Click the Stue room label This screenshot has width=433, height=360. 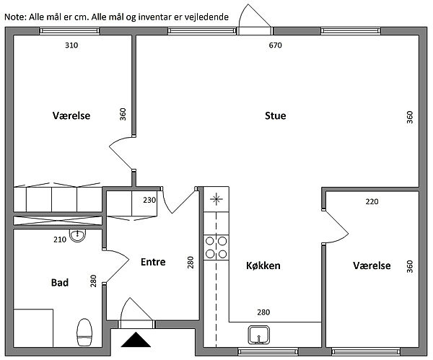(276, 115)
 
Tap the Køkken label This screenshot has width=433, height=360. (263, 266)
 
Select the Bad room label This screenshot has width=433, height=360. (60, 283)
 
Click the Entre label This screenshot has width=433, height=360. (152, 262)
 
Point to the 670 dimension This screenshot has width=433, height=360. (274, 45)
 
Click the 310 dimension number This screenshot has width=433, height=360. (71, 45)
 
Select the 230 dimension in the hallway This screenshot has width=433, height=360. (149, 200)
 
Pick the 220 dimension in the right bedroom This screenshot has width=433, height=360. (371, 202)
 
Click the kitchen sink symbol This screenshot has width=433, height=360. (259, 335)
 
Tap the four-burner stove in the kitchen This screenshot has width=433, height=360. (216, 247)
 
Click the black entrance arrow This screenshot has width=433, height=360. (136, 341)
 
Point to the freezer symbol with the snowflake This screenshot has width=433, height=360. (216, 200)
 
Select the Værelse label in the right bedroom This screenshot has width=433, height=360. (372, 266)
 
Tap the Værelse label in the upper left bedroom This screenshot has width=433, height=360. (71, 115)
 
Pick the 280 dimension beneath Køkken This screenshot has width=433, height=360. (264, 312)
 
